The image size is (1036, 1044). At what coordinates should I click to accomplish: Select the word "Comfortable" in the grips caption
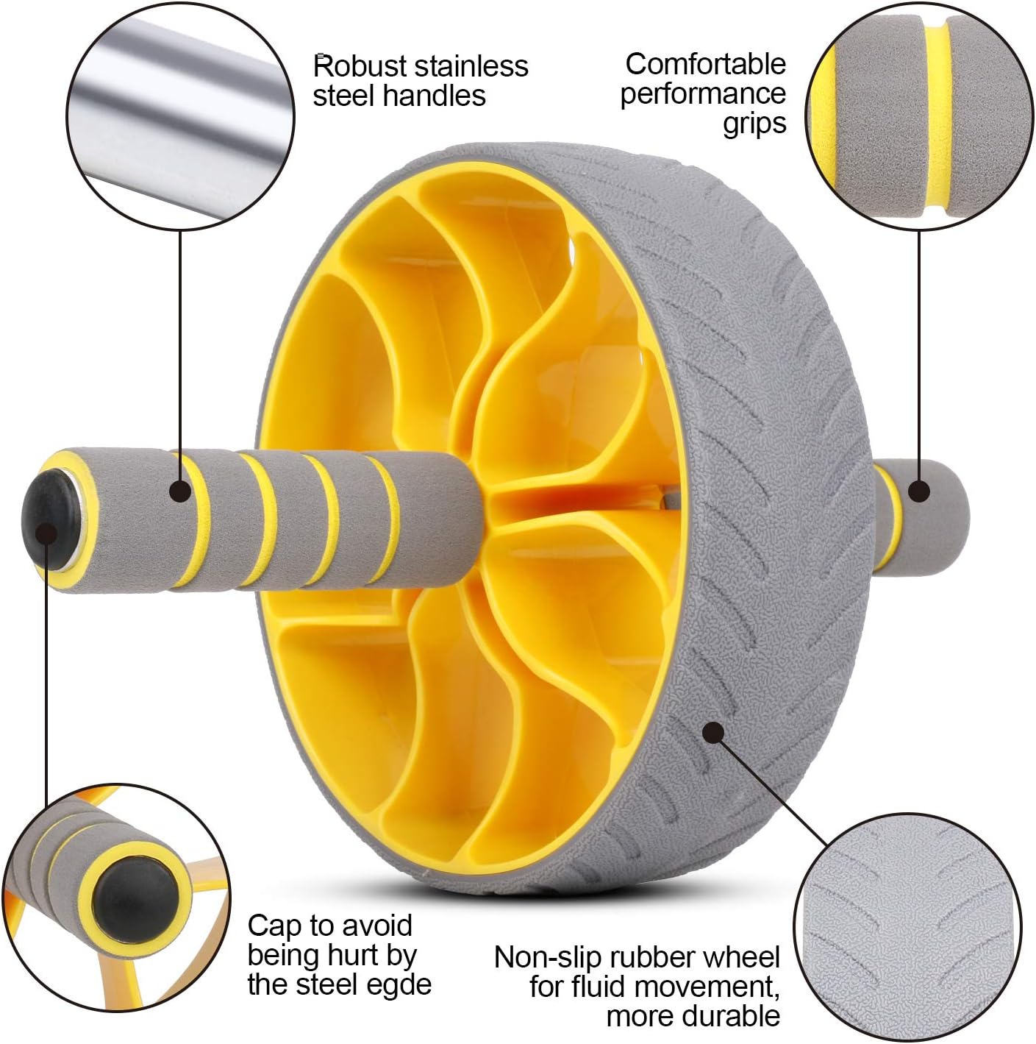[705, 64]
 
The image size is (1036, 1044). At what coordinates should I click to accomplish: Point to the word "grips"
[754, 124]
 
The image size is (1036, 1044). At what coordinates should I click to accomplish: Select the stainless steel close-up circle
[180, 116]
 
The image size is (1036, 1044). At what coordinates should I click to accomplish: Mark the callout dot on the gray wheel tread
[712, 733]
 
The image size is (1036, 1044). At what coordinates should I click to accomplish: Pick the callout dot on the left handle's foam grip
[179, 491]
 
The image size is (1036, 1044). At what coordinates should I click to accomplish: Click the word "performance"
[702, 94]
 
